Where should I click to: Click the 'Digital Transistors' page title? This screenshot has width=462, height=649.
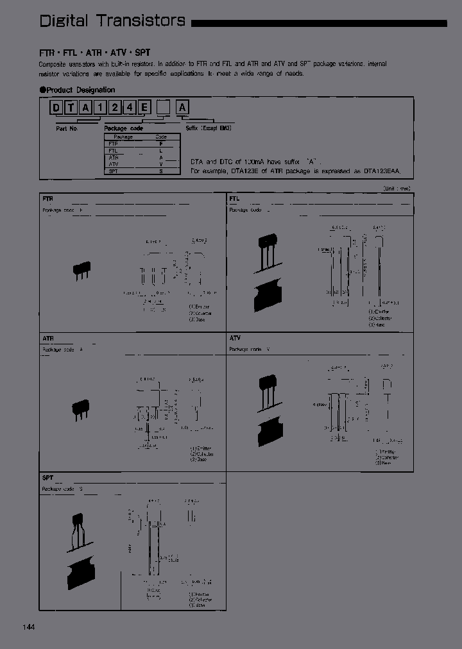point(112,21)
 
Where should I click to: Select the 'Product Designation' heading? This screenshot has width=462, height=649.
point(78,90)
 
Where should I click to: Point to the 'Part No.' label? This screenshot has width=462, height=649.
point(67,128)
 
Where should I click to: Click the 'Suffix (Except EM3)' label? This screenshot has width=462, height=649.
point(209,128)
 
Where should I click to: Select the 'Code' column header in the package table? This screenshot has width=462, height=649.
point(160,137)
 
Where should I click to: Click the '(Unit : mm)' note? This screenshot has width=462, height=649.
point(397,189)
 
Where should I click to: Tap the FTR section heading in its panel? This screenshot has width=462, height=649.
point(47,199)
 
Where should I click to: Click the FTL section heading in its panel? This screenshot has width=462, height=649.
point(234,199)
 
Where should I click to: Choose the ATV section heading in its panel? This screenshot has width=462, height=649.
point(235,337)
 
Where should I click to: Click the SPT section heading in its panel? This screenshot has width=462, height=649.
point(48,478)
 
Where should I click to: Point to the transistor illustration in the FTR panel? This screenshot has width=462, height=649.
point(81,270)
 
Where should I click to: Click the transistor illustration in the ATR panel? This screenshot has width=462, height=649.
point(81,408)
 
